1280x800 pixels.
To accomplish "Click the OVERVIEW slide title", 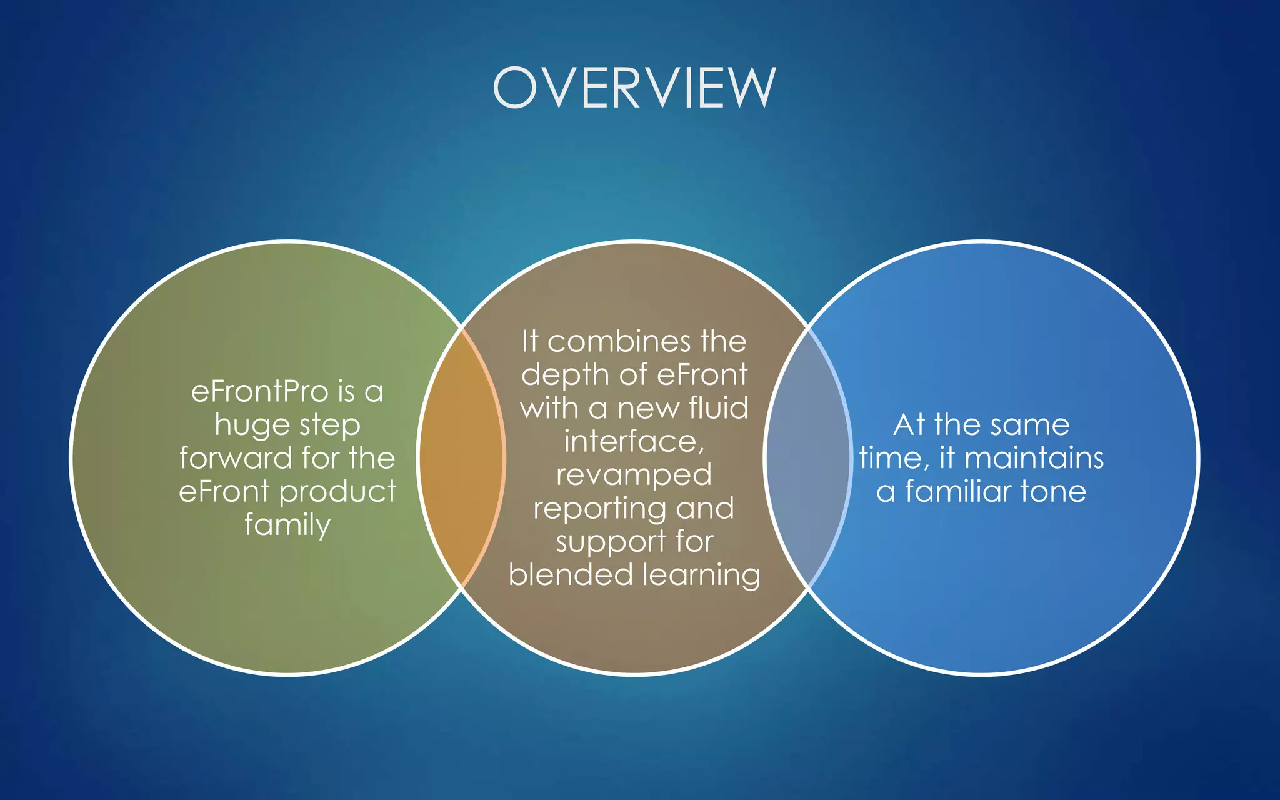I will pyautogui.click(x=634, y=87).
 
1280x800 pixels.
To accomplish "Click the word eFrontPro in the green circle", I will pyautogui.click(x=259, y=392).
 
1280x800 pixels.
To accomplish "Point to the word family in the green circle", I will pyautogui.click(x=287, y=525).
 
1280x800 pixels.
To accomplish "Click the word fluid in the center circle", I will pyautogui.click(x=718, y=408).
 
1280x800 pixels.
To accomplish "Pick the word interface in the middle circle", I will pyautogui.click(x=632, y=442).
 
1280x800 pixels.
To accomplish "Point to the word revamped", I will pyautogui.click(x=634, y=476).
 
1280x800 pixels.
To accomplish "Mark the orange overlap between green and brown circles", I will pyautogui.click(x=461, y=457).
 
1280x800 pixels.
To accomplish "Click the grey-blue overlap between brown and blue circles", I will pyautogui.click(x=807, y=457).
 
